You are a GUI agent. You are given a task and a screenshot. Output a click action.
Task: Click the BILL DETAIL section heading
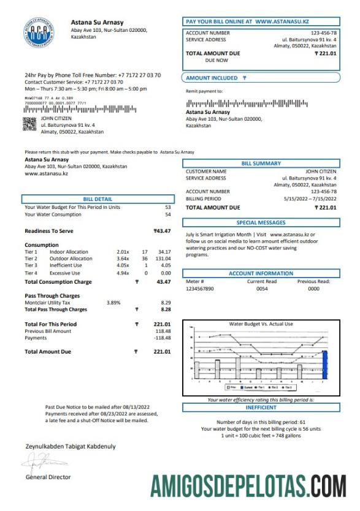point(98,199)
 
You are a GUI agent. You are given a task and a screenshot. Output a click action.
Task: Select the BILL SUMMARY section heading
point(261,164)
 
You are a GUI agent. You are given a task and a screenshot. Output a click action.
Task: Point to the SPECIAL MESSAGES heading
point(261,223)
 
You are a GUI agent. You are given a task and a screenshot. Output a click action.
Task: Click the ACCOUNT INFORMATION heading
point(261,273)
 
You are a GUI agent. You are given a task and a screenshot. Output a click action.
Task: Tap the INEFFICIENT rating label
point(261,407)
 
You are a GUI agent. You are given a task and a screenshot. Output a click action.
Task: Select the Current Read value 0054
point(262,288)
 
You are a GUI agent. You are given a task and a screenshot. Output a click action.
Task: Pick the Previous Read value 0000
point(313,288)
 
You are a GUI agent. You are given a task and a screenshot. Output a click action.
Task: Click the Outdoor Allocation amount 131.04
point(163,259)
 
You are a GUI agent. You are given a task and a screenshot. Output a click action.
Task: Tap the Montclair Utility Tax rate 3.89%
point(113,303)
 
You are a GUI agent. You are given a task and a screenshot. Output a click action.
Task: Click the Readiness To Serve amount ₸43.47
point(162,230)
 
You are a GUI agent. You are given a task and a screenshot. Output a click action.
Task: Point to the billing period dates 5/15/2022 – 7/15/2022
point(310,199)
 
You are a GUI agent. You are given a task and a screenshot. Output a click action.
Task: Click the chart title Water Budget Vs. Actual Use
point(261,324)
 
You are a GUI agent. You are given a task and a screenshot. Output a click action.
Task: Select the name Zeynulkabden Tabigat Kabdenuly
point(70,447)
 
